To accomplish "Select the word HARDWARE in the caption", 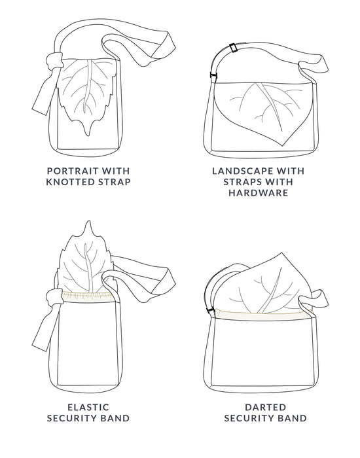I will [259, 193].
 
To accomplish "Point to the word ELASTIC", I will [88, 406].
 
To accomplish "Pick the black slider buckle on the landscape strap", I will [233, 48].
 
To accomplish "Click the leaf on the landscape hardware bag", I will [268, 111].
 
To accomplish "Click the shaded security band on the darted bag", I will [262, 315].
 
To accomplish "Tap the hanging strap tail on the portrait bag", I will [40, 95].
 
